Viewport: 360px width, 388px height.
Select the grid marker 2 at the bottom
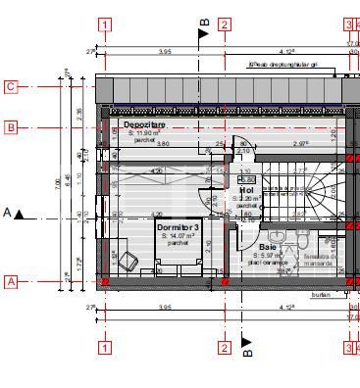coord(225,346)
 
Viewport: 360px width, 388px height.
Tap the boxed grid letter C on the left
coord(11,86)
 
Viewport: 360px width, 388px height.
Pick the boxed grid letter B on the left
coord(11,127)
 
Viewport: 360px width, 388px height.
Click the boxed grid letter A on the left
coord(11,281)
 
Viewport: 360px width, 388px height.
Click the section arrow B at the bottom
coord(247,346)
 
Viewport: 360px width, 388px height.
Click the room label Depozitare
coord(144,125)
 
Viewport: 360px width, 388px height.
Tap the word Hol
coord(246,190)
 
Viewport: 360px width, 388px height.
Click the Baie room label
coord(268,248)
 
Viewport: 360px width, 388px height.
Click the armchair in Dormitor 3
coord(125,260)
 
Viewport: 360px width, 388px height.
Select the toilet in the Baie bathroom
coord(304,239)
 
